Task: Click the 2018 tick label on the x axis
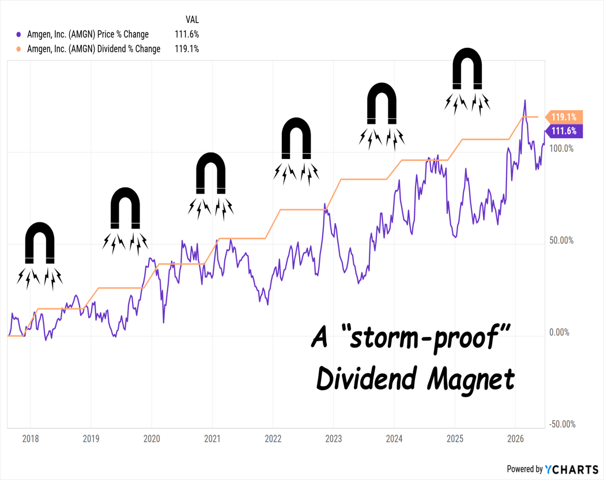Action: (31, 439)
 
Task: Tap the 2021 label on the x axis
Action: (212, 439)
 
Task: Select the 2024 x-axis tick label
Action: (394, 439)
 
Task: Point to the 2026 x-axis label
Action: (515, 439)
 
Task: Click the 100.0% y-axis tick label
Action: (561, 148)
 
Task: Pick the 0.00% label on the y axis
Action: (559, 332)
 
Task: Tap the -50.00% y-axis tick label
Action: (563, 424)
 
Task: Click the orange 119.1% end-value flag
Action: (564, 117)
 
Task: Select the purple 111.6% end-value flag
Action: (564, 131)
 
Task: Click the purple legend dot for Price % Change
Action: (18, 35)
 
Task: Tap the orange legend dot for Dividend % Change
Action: (18, 50)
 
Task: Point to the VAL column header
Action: (192, 20)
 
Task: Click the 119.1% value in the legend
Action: (187, 49)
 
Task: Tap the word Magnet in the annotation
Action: (471, 380)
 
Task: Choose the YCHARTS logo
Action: (572, 469)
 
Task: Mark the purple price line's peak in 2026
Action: (524, 100)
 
